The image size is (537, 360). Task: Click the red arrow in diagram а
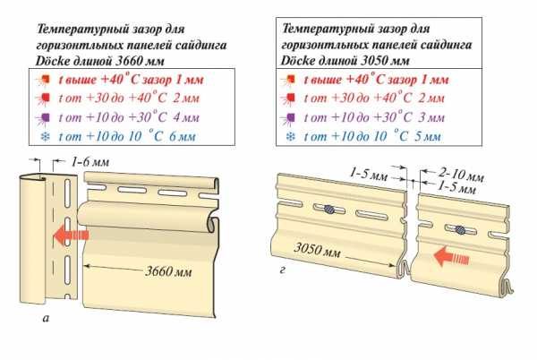69,236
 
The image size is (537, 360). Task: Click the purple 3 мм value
431,117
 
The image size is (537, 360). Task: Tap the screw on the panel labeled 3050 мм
330,209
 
